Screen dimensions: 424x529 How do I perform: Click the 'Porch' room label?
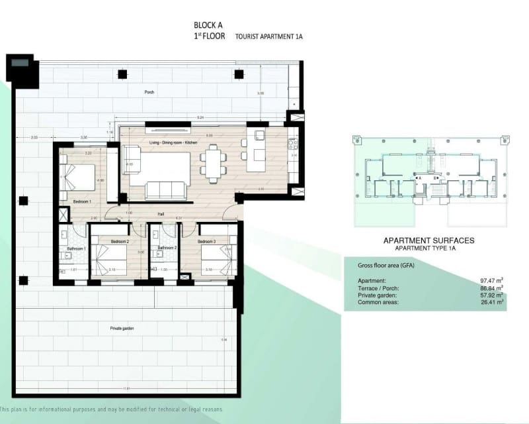point(149,92)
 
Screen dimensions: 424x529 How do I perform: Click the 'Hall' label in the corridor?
point(160,214)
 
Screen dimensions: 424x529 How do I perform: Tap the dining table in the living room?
point(212,164)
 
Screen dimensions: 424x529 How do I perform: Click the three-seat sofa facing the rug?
point(165,190)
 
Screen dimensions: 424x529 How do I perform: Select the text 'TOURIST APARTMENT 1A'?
point(269,38)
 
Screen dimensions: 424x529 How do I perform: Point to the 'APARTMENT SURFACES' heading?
point(428,240)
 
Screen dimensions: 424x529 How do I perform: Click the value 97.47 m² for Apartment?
point(491,281)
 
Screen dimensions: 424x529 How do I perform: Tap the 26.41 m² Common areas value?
point(491,301)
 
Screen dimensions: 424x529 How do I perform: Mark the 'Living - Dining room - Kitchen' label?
point(173,142)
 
